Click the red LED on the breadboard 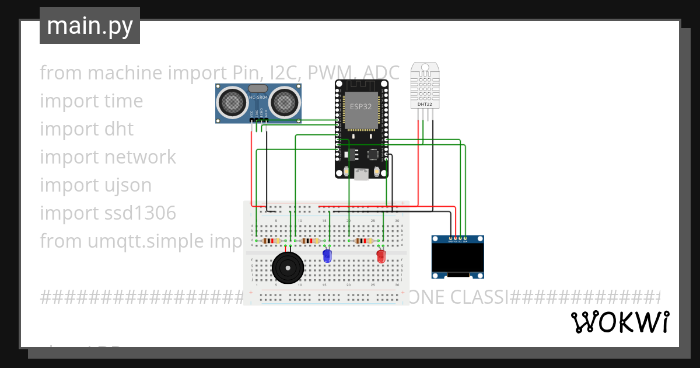point(381,256)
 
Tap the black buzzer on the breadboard point(288,268)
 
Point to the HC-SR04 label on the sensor point(258,98)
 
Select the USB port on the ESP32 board point(362,173)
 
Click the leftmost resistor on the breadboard point(271,241)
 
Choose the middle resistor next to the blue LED point(310,241)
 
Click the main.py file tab point(90,26)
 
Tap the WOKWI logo point(619,322)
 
